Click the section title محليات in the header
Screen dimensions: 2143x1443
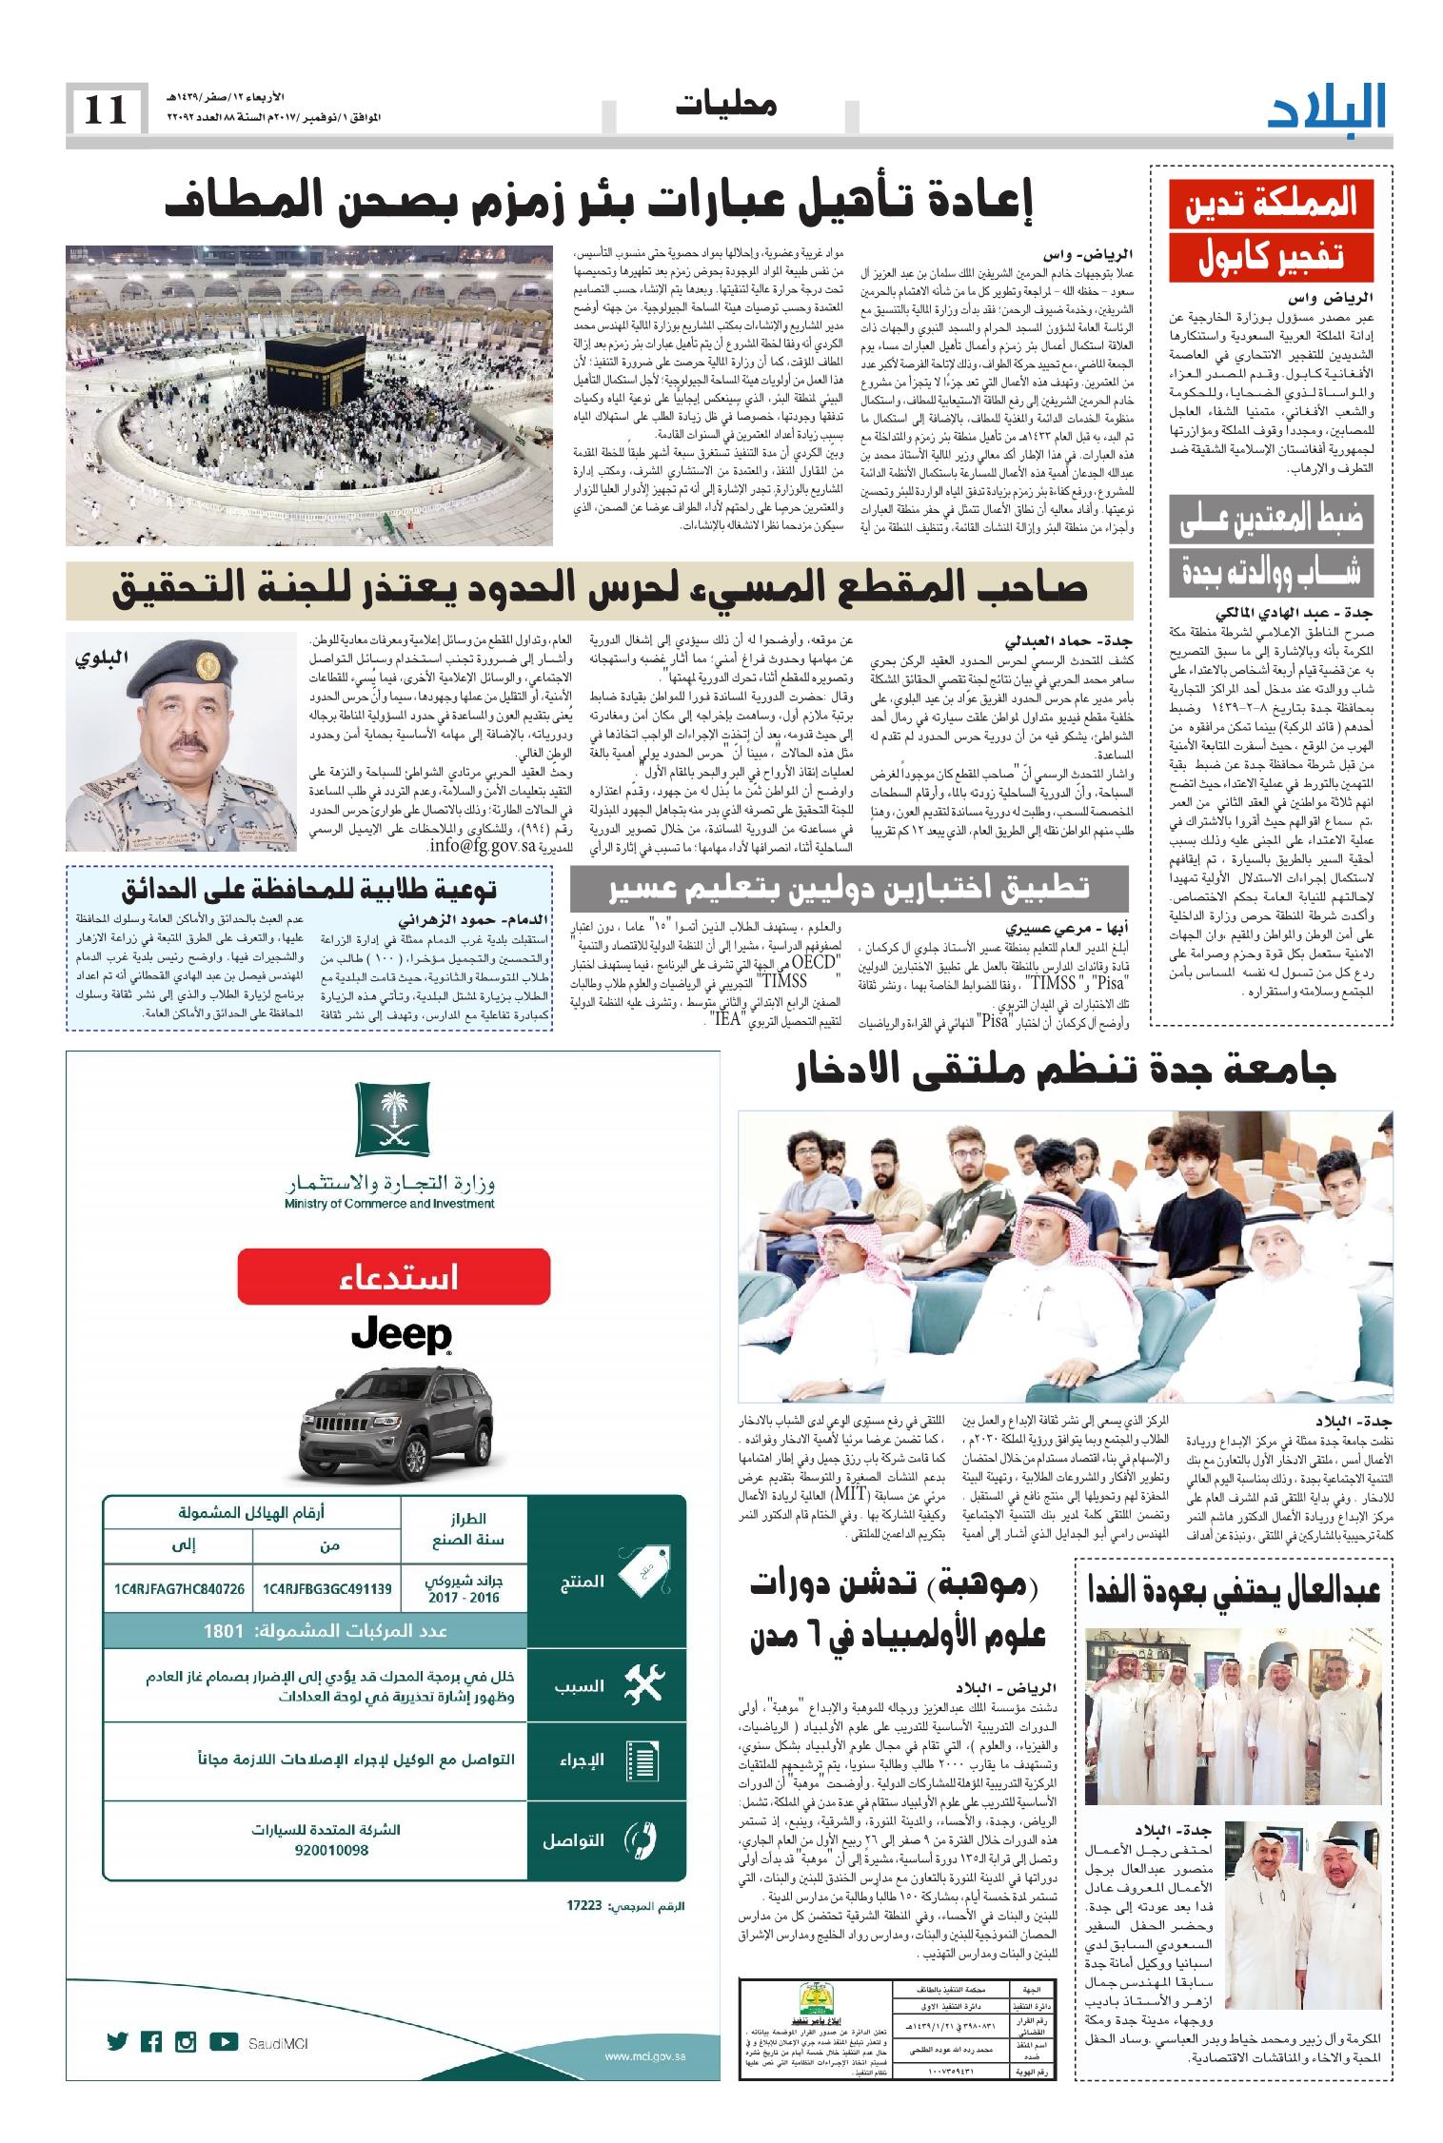[726, 107]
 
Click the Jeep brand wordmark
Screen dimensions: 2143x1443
[401, 1334]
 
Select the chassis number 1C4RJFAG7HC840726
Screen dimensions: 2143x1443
[176, 1588]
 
